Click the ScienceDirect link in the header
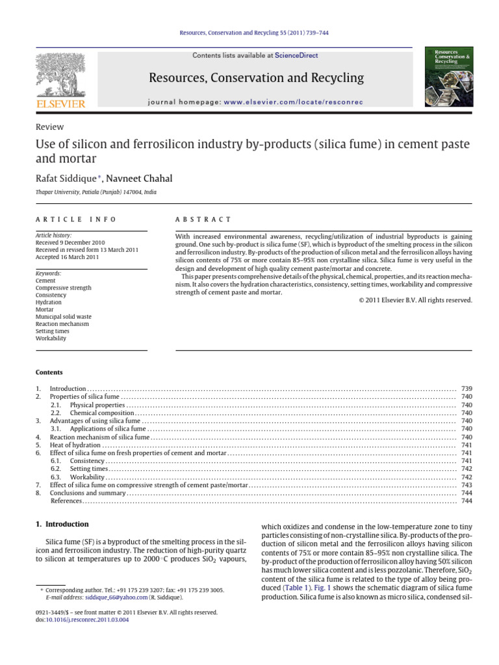click(x=296, y=56)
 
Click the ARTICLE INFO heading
click(x=75, y=220)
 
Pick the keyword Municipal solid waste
click(x=63, y=316)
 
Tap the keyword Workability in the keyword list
click(x=51, y=338)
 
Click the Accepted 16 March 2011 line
click(x=67, y=257)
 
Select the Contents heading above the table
click(x=49, y=372)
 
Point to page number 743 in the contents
click(x=466, y=485)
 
